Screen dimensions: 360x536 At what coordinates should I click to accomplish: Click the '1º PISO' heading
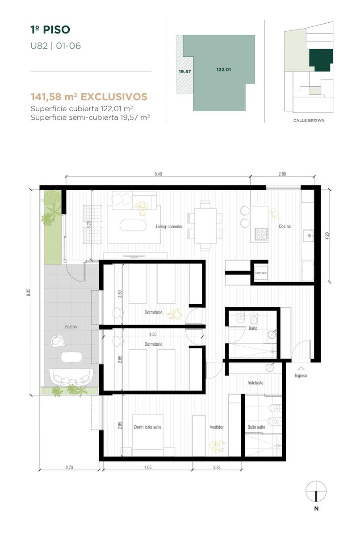[x=50, y=29]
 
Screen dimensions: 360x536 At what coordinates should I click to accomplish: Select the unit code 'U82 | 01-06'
[x=55, y=46]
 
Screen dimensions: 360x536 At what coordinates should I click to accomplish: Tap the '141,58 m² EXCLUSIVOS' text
[x=89, y=96]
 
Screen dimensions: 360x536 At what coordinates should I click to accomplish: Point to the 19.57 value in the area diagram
[x=184, y=71]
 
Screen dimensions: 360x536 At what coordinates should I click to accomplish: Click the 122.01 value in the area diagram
[x=223, y=70]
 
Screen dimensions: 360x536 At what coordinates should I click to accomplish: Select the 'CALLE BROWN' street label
[x=309, y=120]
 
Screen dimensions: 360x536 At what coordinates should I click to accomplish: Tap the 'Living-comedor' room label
[x=169, y=226]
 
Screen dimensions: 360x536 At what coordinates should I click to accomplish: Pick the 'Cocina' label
[x=285, y=226]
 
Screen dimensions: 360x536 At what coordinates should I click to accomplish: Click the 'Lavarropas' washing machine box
[x=261, y=272]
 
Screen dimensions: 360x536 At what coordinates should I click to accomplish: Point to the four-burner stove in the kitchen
[x=261, y=234]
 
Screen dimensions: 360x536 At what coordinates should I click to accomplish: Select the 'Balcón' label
[x=71, y=327]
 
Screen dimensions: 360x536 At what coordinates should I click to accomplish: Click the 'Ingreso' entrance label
[x=301, y=376]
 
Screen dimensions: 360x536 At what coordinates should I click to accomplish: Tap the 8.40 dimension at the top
[x=158, y=174]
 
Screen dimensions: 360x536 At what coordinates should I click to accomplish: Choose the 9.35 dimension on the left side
[x=29, y=293]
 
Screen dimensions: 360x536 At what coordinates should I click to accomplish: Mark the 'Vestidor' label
[x=217, y=427]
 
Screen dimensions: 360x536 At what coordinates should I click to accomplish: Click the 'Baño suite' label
[x=256, y=427]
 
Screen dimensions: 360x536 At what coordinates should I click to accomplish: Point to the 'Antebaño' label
[x=255, y=383]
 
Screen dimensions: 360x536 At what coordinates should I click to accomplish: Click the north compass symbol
[x=316, y=491]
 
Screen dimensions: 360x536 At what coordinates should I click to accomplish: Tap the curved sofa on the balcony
[x=71, y=377]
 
